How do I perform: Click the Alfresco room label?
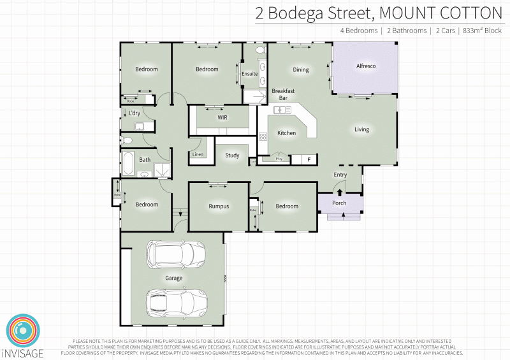tap(365, 66)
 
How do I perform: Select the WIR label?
tap(222, 118)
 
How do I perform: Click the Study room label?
tap(231, 155)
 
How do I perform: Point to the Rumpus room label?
tap(219, 206)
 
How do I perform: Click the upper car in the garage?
tap(175, 254)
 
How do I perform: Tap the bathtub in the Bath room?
tap(128, 164)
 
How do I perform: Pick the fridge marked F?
tap(310, 159)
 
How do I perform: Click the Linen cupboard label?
tap(198, 155)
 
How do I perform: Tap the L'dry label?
tap(135, 113)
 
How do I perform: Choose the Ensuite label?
tap(250, 74)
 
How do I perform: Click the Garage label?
tap(174, 278)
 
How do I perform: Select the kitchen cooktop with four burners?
tap(263, 136)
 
